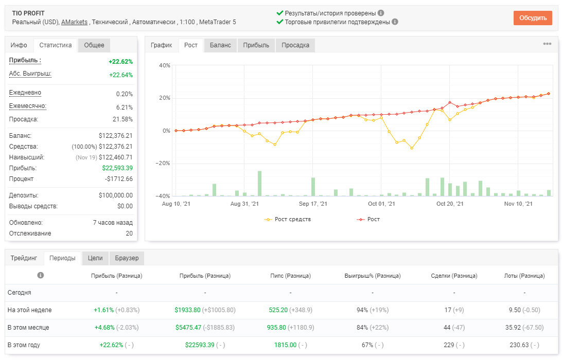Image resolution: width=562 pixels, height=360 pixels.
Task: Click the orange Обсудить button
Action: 533,18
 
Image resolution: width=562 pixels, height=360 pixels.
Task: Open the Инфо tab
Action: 19,45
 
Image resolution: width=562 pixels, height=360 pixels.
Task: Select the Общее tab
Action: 94,45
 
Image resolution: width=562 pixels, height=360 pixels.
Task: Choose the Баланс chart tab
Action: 220,45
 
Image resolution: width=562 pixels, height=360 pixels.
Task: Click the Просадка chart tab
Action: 295,45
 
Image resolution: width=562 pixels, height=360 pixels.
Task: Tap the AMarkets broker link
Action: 74,22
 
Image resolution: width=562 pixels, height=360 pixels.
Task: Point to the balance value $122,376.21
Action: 115,136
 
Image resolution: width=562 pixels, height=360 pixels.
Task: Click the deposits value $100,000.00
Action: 115,195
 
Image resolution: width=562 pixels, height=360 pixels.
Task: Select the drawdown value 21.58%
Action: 122,119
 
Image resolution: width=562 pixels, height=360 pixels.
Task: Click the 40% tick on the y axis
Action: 165,65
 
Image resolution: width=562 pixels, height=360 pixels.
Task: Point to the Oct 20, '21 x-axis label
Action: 450,204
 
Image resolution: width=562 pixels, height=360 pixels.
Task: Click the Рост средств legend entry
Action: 288,219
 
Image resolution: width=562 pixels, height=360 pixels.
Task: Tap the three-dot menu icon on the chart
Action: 547,44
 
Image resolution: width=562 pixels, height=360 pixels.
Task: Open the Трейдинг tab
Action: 24,258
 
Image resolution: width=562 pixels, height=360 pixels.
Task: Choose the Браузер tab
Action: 127,258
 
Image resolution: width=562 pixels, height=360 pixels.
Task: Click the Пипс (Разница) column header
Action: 290,276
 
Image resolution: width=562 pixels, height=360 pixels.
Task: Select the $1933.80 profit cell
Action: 187,310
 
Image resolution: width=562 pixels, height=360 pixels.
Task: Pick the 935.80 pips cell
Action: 276,328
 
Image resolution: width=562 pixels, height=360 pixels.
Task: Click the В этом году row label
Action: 24,345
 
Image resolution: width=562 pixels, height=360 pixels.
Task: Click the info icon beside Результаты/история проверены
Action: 381,13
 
